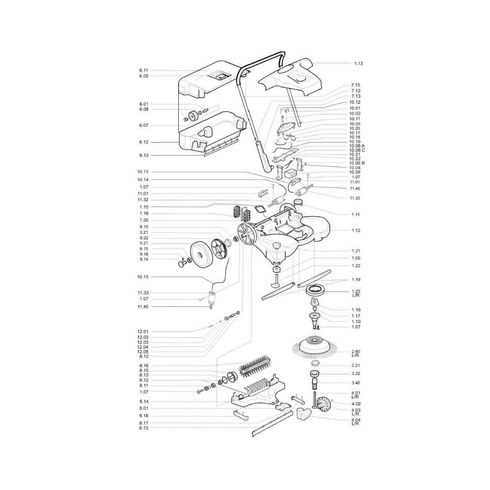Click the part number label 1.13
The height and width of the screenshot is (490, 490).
click(x=359, y=63)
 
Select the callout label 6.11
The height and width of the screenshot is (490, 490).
click(x=144, y=71)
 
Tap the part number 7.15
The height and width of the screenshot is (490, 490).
click(x=356, y=85)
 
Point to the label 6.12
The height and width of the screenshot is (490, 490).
click(x=144, y=142)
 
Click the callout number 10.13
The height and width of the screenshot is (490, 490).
click(x=143, y=172)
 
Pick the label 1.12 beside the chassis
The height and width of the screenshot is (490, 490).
click(x=356, y=231)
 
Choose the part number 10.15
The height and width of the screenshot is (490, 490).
click(x=143, y=277)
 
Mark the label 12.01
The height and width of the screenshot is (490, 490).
click(x=143, y=332)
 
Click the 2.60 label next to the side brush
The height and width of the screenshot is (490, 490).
click(x=356, y=351)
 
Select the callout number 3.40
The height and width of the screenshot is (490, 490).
click(x=356, y=383)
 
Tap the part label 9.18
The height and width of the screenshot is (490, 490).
click(x=144, y=416)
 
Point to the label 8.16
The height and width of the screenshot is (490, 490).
click(x=144, y=366)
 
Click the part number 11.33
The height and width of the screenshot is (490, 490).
click(x=143, y=293)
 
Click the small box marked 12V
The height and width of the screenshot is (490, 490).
click(x=292, y=174)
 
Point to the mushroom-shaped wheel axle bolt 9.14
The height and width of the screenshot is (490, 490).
click(x=182, y=265)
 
